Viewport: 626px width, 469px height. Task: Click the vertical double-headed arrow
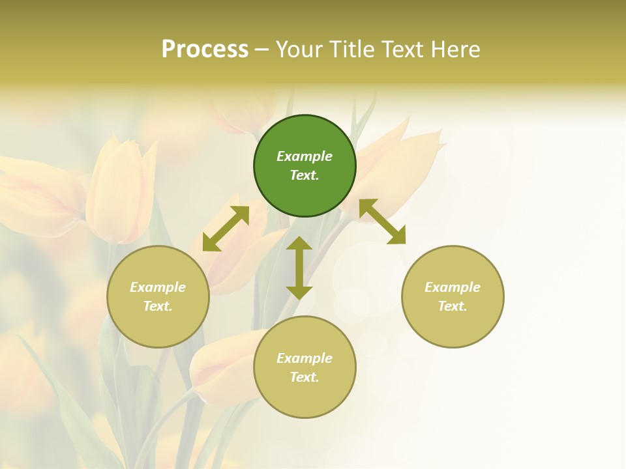click(299, 268)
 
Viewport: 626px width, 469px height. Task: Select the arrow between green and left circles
click(226, 229)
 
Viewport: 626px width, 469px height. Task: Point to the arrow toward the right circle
click(382, 221)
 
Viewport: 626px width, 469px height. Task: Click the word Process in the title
click(205, 50)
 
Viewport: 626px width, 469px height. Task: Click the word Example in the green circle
click(305, 156)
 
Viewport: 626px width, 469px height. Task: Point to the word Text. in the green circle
click(305, 175)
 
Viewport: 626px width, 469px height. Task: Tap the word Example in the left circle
click(158, 287)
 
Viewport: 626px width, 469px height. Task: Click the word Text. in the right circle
click(453, 306)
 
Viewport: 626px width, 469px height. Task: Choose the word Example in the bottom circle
click(305, 358)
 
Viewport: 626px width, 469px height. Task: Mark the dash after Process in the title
click(261, 50)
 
